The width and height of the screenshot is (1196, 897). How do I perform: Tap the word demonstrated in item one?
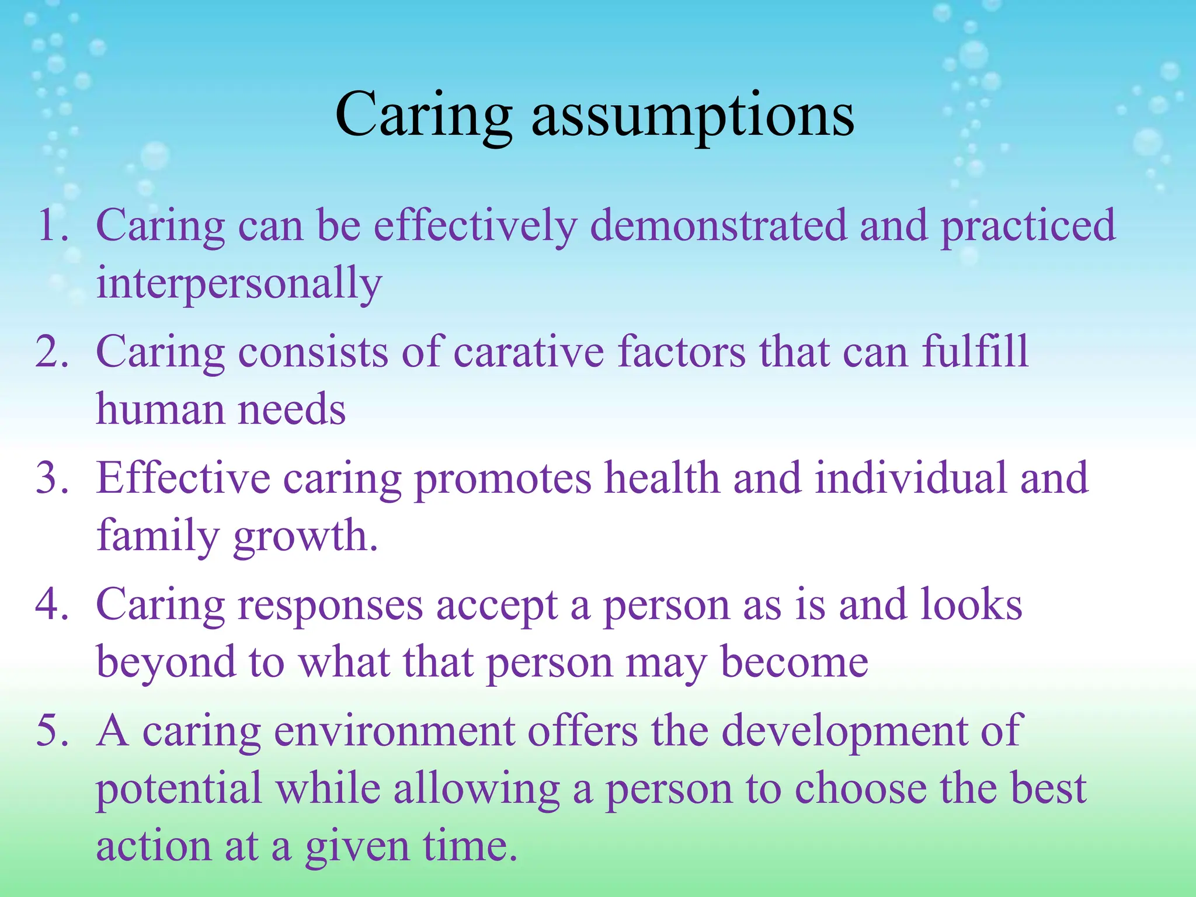tap(718, 226)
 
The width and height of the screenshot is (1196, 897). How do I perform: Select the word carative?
tap(529, 352)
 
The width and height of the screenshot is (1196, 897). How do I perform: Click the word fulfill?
tap(975, 352)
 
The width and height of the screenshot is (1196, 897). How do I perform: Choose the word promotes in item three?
tap(503, 478)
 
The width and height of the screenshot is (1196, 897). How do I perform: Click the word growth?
tap(305, 537)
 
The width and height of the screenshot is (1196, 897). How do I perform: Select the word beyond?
tap(166, 663)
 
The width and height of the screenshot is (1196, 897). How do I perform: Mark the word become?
tap(794, 663)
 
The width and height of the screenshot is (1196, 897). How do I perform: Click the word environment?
tap(394, 731)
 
